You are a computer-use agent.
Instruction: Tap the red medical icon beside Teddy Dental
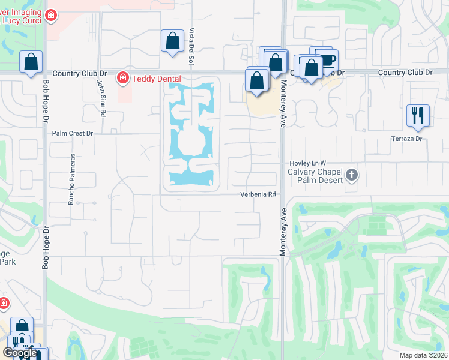(123, 78)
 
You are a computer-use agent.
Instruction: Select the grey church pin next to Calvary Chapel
(352, 176)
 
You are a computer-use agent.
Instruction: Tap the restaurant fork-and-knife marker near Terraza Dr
(418, 115)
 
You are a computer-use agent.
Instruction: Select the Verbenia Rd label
(258, 194)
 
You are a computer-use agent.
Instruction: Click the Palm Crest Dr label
(73, 133)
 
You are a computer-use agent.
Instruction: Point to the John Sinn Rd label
(102, 98)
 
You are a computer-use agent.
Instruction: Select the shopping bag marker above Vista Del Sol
(172, 41)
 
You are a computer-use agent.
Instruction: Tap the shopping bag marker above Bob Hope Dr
(31, 62)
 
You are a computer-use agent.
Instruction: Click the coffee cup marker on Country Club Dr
(327, 59)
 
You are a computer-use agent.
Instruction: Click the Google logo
(20, 353)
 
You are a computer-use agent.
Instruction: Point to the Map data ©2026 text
(423, 355)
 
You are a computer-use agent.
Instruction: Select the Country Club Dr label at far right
(405, 72)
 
